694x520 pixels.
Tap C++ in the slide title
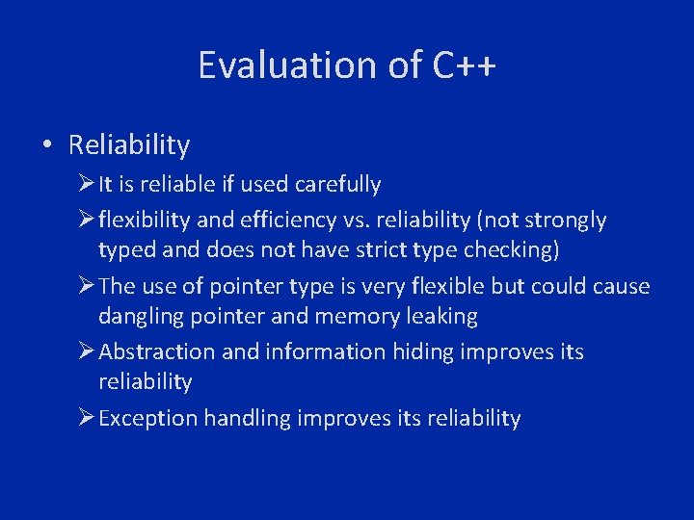[464, 65]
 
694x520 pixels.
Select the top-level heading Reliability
[129, 145]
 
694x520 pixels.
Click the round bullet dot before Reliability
[46, 145]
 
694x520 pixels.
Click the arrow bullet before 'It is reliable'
[86, 184]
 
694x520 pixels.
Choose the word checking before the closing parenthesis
[522, 249]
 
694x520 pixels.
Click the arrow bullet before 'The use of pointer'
[86, 287]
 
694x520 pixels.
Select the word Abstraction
[157, 351]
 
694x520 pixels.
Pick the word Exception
[147, 418]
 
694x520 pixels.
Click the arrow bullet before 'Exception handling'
[86, 418]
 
